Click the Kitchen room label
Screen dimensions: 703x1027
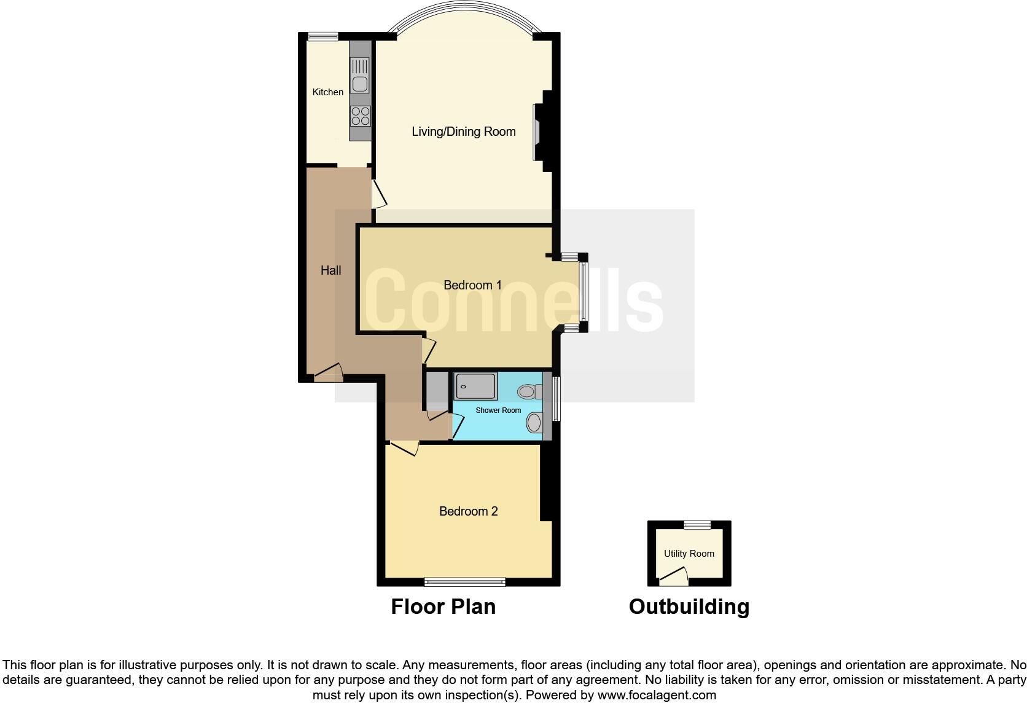click(x=327, y=92)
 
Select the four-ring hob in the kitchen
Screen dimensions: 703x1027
click(x=361, y=116)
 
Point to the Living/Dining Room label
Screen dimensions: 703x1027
click(x=463, y=132)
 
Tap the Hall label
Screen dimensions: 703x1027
click(x=330, y=270)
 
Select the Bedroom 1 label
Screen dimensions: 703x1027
click(x=472, y=285)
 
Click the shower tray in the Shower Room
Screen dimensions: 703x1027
click(x=475, y=387)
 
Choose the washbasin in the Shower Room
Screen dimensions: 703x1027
click(x=534, y=422)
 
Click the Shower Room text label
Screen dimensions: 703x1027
click(x=498, y=410)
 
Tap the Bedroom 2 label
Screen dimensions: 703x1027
click(x=468, y=511)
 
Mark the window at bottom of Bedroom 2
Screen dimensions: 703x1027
click(x=465, y=581)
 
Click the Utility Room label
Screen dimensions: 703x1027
click(x=689, y=554)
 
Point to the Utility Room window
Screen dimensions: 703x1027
click(x=697, y=525)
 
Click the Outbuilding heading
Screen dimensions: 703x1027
click(x=689, y=607)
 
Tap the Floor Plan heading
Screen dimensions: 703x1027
click(x=443, y=607)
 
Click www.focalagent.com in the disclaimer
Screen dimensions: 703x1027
click(x=657, y=695)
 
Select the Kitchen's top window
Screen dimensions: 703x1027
click(x=323, y=37)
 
